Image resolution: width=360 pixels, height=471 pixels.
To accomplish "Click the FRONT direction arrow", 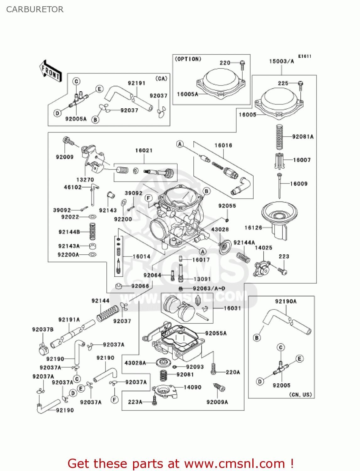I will (50, 71).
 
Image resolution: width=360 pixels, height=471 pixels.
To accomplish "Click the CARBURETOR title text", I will (35, 9).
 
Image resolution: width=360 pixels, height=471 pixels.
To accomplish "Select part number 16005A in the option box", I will (187, 94).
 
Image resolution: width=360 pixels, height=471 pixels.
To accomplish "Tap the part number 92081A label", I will (303, 137).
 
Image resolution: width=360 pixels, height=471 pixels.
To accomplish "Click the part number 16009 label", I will (298, 184).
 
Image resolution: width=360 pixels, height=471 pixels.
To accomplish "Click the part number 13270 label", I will (85, 180).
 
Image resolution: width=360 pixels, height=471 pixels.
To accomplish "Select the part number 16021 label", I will (144, 150).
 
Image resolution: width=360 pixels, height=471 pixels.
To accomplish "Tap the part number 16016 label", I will (223, 145).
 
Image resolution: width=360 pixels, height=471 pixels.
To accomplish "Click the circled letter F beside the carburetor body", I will (149, 198).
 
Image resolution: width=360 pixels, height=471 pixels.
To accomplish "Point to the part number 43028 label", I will (220, 229).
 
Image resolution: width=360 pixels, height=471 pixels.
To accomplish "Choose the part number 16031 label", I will (232, 308).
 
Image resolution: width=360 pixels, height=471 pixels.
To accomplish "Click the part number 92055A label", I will (216, 333).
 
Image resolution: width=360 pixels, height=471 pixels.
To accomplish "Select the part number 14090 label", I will (192, 387).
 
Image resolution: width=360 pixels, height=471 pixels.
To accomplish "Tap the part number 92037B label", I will (43, 329).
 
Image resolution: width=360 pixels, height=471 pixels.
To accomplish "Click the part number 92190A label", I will (286, 301).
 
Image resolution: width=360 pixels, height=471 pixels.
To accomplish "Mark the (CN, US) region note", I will (300, 395).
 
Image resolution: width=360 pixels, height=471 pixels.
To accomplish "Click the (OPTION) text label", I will (188, 59).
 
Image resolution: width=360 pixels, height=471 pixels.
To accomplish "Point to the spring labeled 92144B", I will (92, 232).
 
